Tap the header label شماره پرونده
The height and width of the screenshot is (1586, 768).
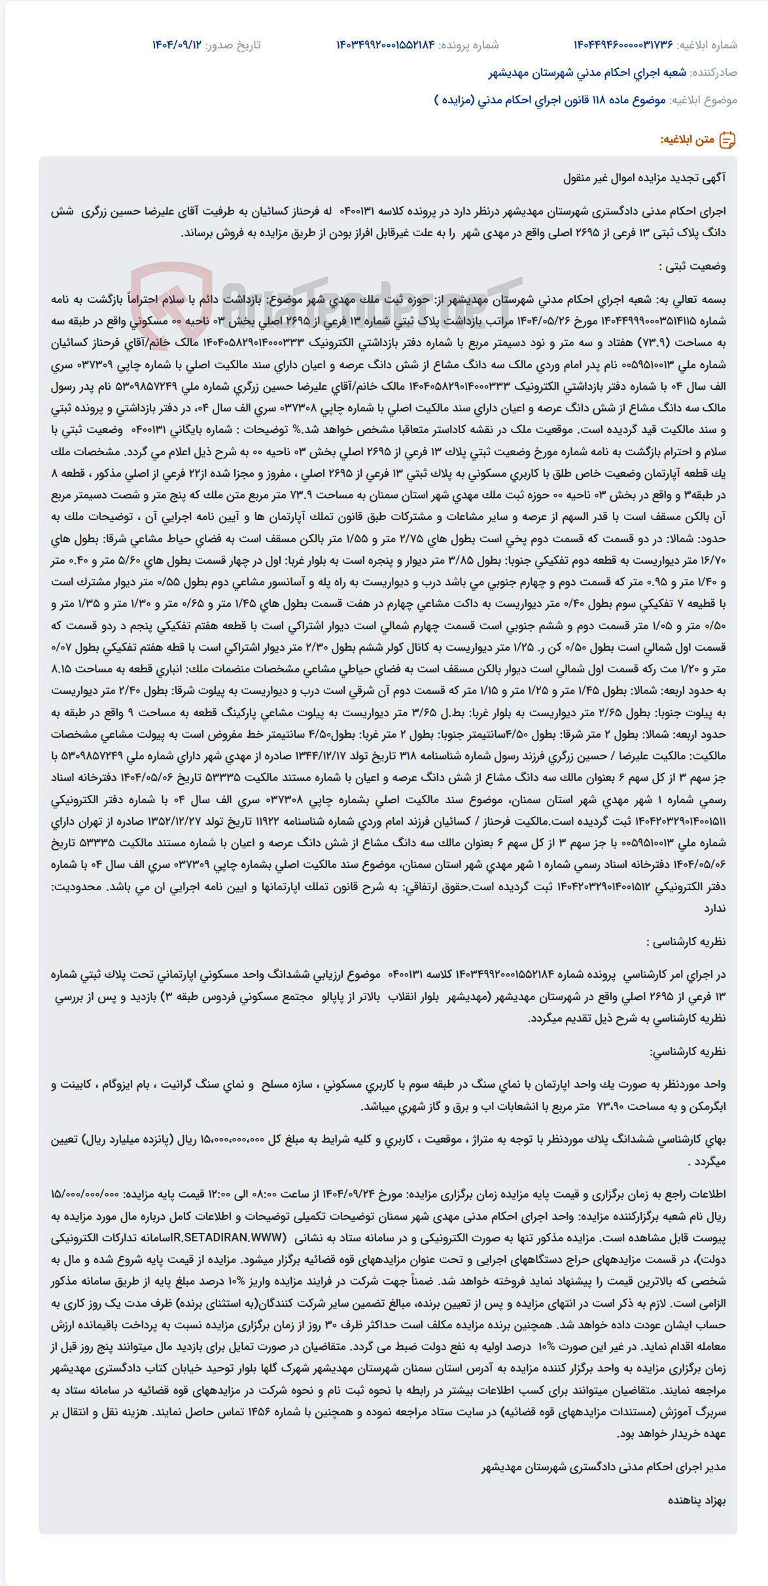point(468,45)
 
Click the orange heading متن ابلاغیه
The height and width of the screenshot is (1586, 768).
point(687,139)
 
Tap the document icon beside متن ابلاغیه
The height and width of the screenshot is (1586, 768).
point(727,139)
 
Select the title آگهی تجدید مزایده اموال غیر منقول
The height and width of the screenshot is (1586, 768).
point(644,178)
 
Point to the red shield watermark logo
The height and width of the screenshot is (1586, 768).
point(171,298)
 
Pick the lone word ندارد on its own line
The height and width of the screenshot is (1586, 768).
point(714,908)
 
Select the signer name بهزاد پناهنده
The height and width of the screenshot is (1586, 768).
point(697,1500)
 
